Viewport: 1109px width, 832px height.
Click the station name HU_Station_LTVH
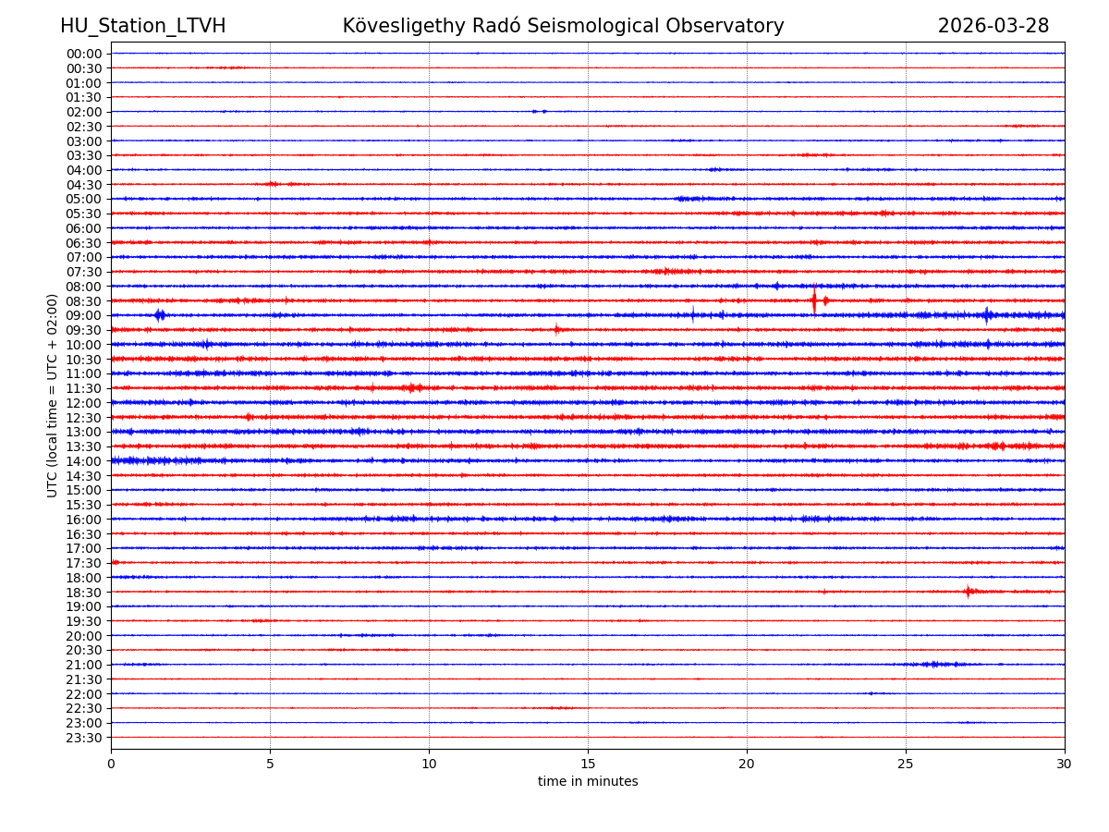pos(142,26)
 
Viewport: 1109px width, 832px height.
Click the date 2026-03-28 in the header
pos(993,26)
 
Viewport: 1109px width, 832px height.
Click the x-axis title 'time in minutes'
pos(588,782)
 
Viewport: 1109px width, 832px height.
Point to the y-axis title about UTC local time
pos(53,395)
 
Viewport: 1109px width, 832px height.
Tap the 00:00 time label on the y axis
pos(84,54)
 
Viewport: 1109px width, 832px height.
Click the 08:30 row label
pos(84,301)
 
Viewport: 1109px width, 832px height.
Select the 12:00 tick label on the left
pos(84,403)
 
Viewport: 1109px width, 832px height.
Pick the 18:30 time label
pos(84,593)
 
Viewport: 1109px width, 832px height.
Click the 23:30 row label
pos(84,738)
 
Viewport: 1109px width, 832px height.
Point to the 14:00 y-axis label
pos(84,461)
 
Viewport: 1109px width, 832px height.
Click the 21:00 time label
pos(84,666)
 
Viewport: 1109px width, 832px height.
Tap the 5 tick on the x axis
pos(270,764)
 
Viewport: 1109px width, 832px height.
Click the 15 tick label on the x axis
pos(588,764)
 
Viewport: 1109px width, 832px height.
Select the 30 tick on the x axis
pos(1065,764)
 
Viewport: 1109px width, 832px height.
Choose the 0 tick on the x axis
pos(111,764)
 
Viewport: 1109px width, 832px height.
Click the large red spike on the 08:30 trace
pos(814,300)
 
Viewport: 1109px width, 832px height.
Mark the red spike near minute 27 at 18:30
pos(968,591)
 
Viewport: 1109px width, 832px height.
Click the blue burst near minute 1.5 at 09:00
pos(159,315)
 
